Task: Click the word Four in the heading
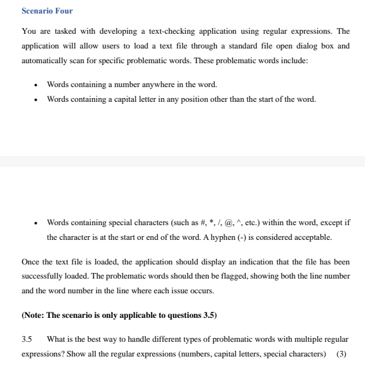point(64,11)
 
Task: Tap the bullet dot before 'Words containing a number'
point(37,85)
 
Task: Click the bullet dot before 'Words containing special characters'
point(37,223)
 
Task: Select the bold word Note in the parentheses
point(33,315)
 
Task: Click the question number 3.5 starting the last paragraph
point(26,339)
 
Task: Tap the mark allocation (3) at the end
point(342,354)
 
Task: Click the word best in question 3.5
point(96,339)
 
